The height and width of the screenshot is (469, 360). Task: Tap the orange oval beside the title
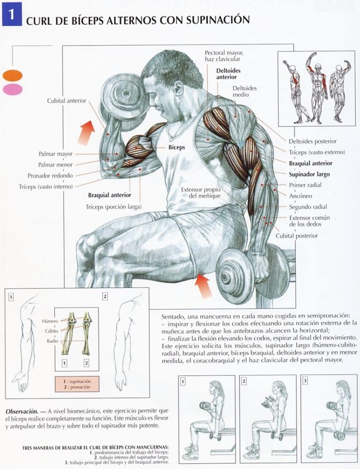pyautogui.click(x=12, y=75)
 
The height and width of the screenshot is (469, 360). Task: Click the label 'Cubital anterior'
pyautogui.click(x=67, y=101)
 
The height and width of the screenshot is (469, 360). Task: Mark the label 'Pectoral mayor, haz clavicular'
pyautogui.click(x=224, y=56)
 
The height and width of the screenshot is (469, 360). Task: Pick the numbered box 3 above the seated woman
pyautogui.click(x=305, y=381)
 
